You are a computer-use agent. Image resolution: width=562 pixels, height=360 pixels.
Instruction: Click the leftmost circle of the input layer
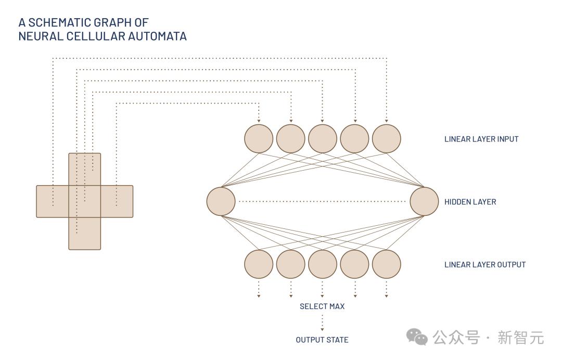tap(259, 139)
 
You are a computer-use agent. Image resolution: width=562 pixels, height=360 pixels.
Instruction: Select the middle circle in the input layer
tap(323, 139)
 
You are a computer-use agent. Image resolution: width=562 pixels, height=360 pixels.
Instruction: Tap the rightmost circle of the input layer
tap(387, 139)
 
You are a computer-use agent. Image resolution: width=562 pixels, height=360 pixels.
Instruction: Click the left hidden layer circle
tap(221, 201)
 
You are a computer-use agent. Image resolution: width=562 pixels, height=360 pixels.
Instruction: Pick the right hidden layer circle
tap(424, 201)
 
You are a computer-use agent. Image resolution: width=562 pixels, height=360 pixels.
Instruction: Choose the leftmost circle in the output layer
tap(259, 264)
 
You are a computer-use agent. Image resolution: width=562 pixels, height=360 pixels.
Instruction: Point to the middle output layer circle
tap(323, 264)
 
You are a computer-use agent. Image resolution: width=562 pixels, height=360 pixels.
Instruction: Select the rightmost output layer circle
tap(387, 264)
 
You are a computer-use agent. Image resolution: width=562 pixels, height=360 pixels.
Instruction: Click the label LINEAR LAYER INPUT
tap(481, 139)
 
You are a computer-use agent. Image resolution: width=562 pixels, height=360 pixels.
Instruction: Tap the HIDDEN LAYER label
tap(470, 202)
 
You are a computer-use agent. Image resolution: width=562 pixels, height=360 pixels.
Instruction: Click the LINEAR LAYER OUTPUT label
tap(485, 265)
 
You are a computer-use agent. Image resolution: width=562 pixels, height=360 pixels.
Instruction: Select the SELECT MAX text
tap(322, 306)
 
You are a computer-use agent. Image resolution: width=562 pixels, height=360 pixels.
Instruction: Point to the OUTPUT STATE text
tap(322, 340)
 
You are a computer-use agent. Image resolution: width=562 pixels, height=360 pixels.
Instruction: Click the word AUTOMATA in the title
tap(158, 36)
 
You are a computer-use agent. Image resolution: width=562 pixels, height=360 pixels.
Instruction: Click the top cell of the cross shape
tap(85, 169)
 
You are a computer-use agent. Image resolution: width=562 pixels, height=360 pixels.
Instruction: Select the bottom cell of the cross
tap(85, 234)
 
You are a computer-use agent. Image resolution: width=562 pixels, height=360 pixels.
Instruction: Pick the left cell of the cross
tap(53, 201)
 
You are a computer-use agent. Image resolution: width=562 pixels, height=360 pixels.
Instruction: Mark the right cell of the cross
tap(117, 201)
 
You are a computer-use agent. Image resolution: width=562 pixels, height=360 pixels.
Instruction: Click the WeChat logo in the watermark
tap(417, 337)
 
